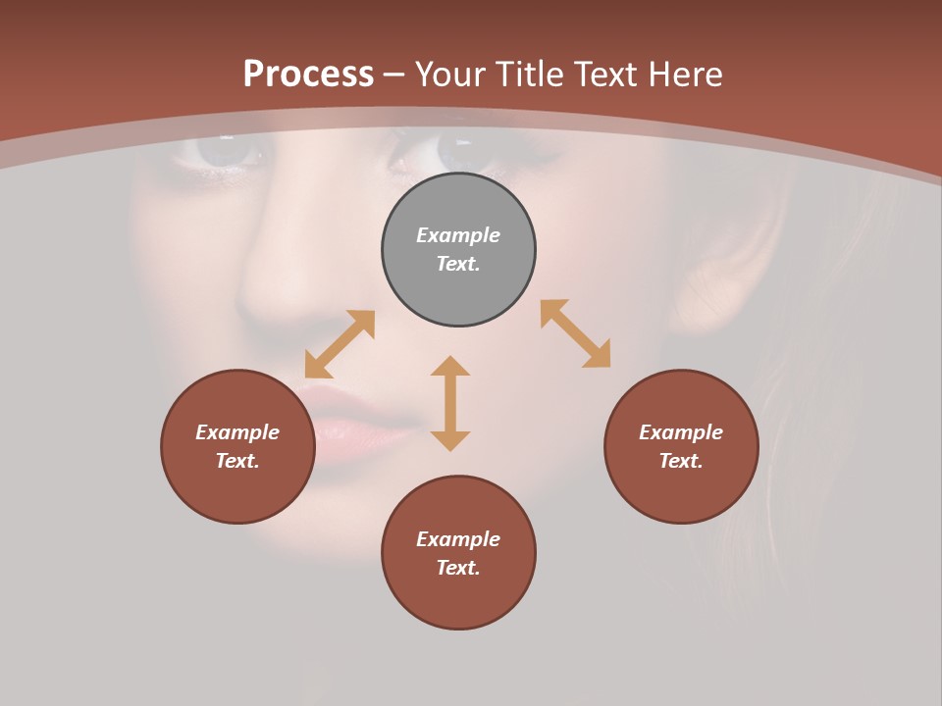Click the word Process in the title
(x=308, y=75)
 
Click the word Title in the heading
(x=528, y=75)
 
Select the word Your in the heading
(x=449, y=75)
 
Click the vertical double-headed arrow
(x=450, y=403)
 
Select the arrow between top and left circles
(x=340, y=344)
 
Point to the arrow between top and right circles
(x=575, y=333)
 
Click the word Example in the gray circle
(x=458, y=235)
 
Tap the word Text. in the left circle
(x=237, y=461)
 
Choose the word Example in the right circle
(x=681, y=432)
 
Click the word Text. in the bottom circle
(x=458, y=568)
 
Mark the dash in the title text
(x=394, y=76)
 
